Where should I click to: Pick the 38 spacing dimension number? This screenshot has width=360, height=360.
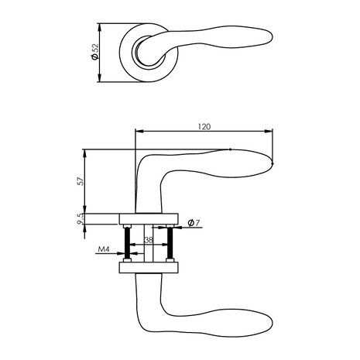147,240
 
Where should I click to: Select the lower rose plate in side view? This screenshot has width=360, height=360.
149,268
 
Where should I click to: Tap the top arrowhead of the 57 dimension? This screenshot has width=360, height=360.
86,150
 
